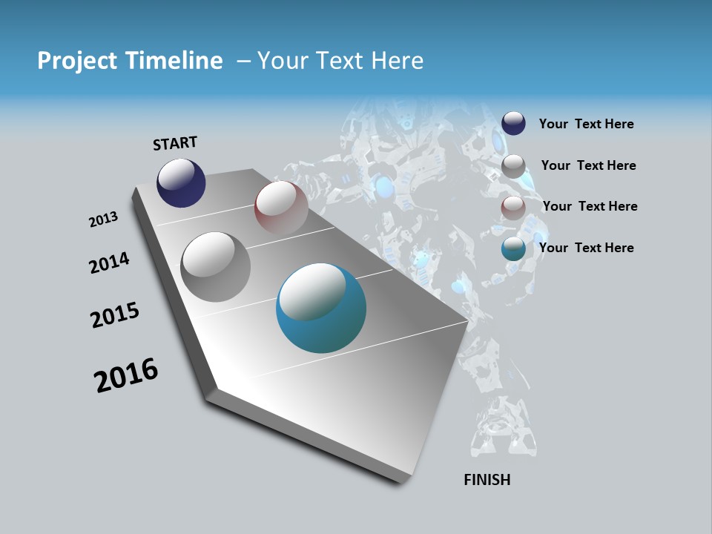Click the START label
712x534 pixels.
(175, 143)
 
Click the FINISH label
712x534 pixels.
(487, 480)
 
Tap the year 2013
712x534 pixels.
(103, 220)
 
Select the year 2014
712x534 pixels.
(109, 263)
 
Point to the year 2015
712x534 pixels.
(115, 315)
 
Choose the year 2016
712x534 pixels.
(126, 375)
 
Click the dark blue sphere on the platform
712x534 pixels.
(181, 183)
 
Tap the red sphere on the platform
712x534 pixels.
(281, 208)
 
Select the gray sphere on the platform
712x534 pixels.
(216, 267)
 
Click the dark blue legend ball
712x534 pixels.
(513, 123)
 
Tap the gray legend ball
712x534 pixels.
(513, 165)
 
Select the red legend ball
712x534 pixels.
(513, 207)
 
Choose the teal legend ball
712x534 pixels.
(513, 248)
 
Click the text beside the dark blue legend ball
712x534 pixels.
(586, 124)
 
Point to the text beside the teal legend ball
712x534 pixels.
(586, 248)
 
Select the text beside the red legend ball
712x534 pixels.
(590, 206)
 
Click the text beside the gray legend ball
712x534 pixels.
(588, 165)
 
